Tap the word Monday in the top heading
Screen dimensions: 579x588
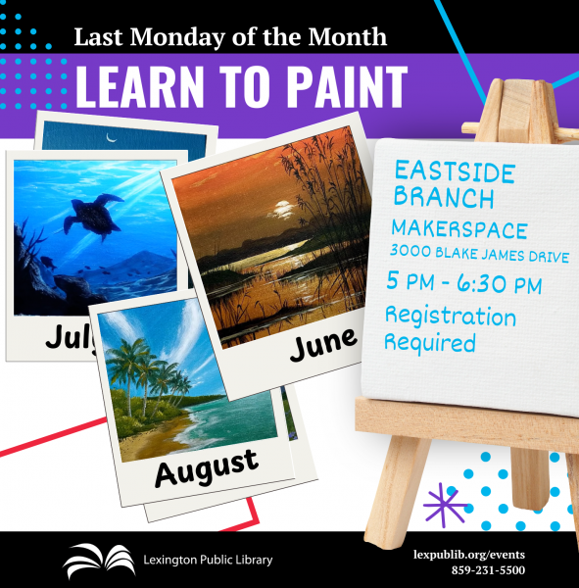[177, 37]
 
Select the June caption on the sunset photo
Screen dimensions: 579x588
[323, 344]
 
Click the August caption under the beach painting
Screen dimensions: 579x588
[207, 467]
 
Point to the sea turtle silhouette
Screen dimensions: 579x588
[93, 216]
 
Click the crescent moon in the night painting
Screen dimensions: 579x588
[112, 138]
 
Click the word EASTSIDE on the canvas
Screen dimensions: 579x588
[455, 171]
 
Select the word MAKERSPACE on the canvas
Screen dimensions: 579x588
[459, 228]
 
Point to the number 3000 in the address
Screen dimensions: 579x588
[410, 251]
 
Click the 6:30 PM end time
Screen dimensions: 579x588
[500, 284]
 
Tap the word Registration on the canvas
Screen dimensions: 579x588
[451, 317]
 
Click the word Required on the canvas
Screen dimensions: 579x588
[430, 342]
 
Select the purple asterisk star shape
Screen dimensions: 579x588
[445, 505]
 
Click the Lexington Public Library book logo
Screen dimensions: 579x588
[99, 561]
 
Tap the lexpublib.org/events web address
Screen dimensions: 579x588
[468, 555]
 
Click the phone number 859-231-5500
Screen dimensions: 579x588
[488, 570]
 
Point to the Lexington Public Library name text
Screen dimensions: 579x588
[208, 561]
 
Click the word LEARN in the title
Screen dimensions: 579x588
[139, 86]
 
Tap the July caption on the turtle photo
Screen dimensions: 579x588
[71, 337]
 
